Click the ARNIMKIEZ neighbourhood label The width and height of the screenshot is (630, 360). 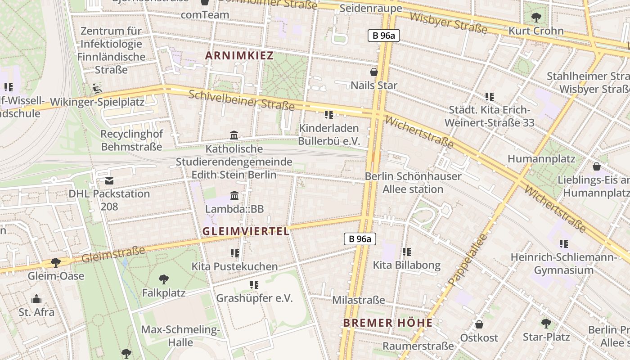[239, 56]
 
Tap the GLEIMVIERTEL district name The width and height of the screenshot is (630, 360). [246, 231]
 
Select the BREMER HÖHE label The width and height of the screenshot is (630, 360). [388, 323]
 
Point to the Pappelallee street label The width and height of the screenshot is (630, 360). [468, 260]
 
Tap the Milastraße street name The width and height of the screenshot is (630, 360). [359, 300]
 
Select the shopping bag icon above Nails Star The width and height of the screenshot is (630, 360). [373, 72]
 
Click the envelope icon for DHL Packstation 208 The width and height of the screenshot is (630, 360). [109, 181]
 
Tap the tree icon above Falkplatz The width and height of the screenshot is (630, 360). [164, 279]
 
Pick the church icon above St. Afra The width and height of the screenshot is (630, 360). [36, 299]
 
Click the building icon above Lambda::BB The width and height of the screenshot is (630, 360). [234, 196]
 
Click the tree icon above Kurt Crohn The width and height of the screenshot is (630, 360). [536, 18]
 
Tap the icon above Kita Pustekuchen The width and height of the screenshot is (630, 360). [234, 253]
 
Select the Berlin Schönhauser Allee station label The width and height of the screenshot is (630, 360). [413, 183]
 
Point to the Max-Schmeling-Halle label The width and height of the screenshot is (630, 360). [180, 336]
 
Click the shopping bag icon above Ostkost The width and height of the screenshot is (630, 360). [479, 324]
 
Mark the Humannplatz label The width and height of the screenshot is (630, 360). [541, 159]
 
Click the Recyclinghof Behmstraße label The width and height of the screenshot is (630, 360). [131, 140]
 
